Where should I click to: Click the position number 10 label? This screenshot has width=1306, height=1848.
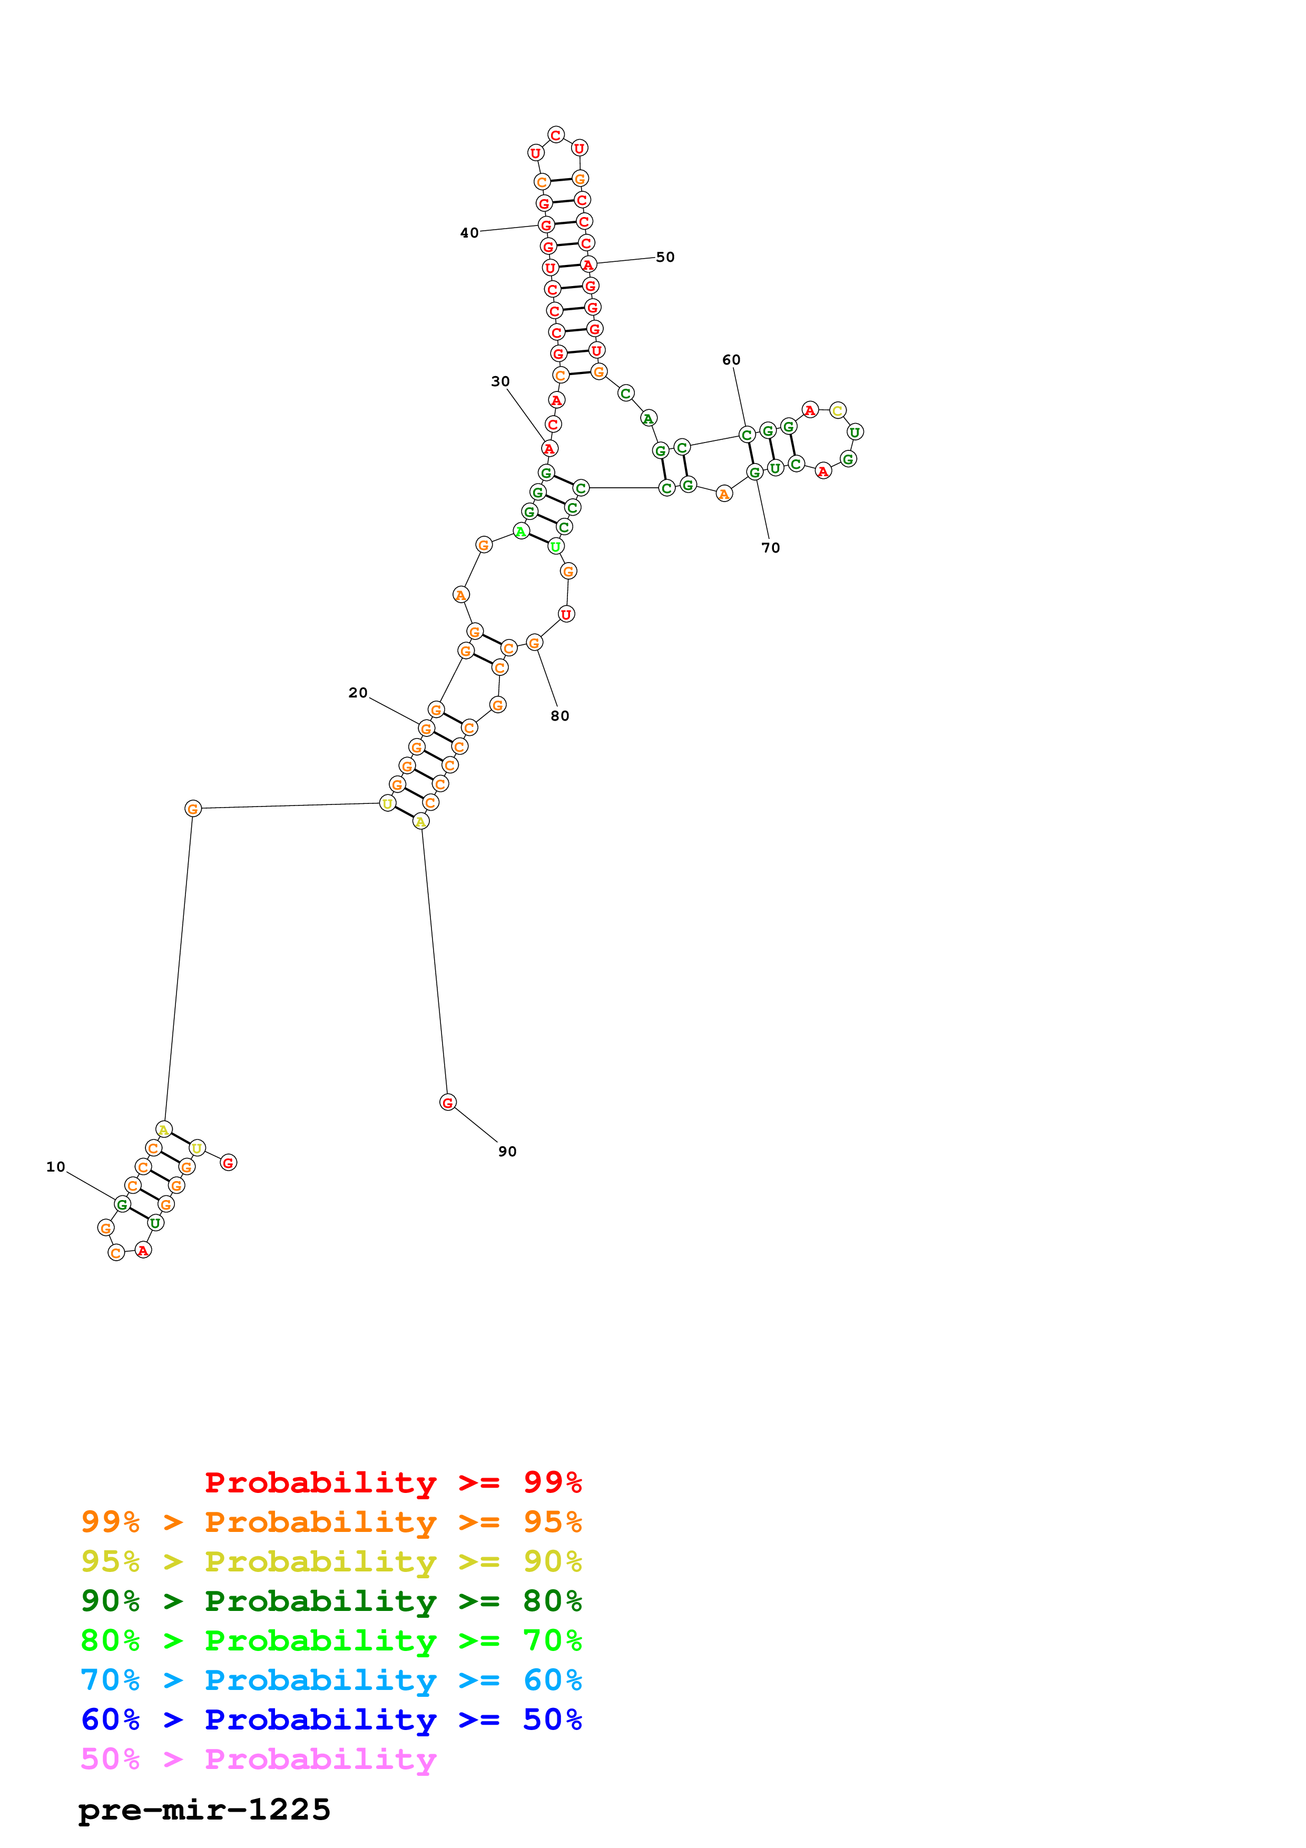click(55, 1167)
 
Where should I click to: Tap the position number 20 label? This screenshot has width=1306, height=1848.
click(358, 693)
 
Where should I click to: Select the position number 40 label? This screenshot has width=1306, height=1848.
click(469, 233)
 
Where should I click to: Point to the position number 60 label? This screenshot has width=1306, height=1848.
click(731, 360)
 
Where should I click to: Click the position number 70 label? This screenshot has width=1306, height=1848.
click(770, 548)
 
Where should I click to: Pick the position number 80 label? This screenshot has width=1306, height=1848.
click(560, 716)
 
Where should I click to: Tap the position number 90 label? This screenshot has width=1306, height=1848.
click(507, 1152)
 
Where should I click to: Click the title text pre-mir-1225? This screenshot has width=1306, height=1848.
click(204, 1810)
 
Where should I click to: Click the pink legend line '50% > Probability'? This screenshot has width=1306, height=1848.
click(258, 1759)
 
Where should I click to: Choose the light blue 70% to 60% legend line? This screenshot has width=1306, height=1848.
click(331, 1680)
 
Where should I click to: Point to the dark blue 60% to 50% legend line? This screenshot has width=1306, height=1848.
click(331, 1720)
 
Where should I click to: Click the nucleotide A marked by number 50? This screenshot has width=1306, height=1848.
click(588, 265)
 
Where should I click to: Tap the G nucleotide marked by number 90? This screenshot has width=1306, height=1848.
click(448, 1103)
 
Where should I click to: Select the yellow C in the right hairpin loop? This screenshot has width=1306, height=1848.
click(838, 410)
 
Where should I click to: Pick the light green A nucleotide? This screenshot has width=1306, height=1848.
click(522, 531)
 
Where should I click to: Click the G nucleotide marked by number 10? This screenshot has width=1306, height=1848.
click(122, 1205)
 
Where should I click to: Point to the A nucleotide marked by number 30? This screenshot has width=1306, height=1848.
click(549, 448)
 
